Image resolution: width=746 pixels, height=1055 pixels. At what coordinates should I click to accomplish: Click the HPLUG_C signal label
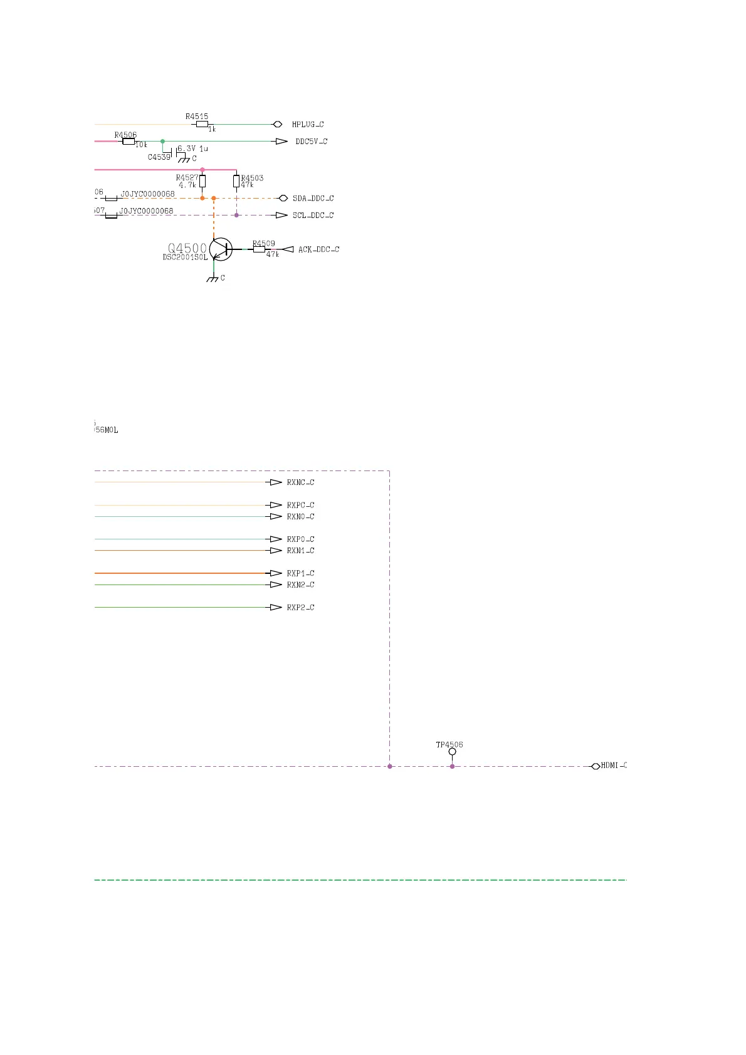(308, 125)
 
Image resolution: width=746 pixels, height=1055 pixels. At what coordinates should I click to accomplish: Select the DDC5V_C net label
(312, 142)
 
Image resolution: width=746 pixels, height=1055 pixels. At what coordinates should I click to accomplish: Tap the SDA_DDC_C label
(313, 199)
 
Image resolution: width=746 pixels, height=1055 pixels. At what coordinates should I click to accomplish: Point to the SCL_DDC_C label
(313, 216)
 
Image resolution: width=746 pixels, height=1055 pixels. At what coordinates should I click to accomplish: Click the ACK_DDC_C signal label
(318, 249)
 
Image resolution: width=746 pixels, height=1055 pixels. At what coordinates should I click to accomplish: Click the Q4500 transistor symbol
(221, 249)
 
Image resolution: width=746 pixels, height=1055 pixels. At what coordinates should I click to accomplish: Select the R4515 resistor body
(202, 124)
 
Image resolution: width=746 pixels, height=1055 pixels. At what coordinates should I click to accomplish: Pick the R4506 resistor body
(129, 142)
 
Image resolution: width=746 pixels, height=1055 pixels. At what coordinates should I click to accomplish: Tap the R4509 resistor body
(259, 249)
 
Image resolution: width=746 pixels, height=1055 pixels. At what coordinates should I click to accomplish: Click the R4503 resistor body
(236, 182)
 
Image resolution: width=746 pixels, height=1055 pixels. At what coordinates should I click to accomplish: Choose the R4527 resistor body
(202, 182)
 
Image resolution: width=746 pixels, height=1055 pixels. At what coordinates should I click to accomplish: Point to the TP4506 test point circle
(452, 752)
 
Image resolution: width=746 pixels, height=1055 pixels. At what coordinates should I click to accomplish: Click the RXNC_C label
(300, 482)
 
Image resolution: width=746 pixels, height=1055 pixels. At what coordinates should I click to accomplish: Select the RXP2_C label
(300, 608)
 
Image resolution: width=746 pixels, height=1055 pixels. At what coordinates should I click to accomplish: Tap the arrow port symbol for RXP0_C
(275, 539)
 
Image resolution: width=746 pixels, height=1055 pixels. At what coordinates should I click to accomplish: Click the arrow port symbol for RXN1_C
(275, 551)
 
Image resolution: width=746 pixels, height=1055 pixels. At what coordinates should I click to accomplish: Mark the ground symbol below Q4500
(214, 278)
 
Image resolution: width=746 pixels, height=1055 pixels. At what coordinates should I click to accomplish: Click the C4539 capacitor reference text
(159, 157)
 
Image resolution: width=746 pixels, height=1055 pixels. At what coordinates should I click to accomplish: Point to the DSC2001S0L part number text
(185, 257)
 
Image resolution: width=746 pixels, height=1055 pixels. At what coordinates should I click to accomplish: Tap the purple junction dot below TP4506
(452, 766)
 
